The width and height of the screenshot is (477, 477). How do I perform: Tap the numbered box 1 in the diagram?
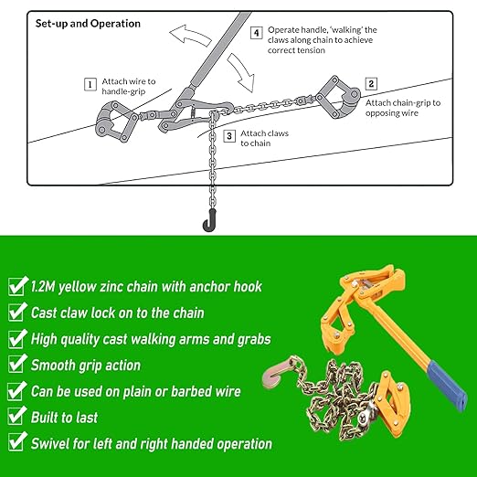[90, 84]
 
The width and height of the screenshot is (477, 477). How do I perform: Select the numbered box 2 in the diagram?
[371, 83]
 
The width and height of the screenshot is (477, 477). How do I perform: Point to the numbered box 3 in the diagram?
[228, 136]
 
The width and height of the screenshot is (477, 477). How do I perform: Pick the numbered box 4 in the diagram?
[257, 32]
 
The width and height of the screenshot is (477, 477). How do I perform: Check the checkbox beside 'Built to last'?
[16, 418]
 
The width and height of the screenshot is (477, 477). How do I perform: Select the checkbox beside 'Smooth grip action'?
[16, 366]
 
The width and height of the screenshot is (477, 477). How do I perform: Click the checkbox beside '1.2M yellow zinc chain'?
[16, 287]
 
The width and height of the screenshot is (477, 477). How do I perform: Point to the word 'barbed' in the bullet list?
[189, 391]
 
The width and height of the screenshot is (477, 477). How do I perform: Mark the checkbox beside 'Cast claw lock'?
[16, 313]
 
